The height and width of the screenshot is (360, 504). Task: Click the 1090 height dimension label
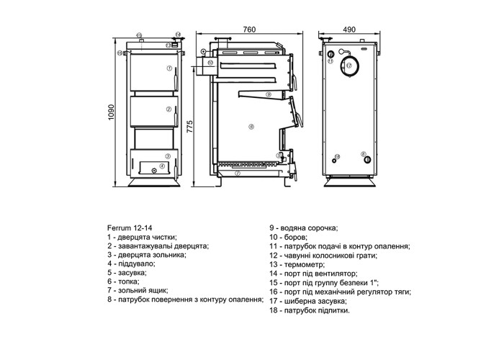[111, 112]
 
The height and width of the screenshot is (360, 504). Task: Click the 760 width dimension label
[249, 30]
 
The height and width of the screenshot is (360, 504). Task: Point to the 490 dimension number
[349, 30]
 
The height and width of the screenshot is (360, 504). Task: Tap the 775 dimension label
[189, 127]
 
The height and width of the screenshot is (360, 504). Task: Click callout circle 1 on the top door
[169, 68]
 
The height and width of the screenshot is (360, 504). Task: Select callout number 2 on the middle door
[168, 109]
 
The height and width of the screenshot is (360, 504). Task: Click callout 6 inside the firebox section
[251, 127]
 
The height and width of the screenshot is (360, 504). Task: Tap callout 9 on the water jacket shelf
[269, 94]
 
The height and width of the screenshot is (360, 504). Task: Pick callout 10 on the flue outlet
[210, 63]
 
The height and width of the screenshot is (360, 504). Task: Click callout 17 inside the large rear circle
[349, 66]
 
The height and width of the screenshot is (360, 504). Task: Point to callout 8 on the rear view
[363, 154]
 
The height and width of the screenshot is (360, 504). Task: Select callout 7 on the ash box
[238, 174]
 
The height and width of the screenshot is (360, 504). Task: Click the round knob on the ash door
[154, 171]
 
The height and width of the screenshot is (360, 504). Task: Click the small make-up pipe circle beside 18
[334, 161]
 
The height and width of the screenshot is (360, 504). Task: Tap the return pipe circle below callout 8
[367, 161]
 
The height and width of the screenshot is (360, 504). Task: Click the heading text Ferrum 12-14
[130, 228]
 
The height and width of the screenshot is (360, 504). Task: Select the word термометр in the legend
[304, 265]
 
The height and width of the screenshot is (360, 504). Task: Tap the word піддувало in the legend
[136, 264]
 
